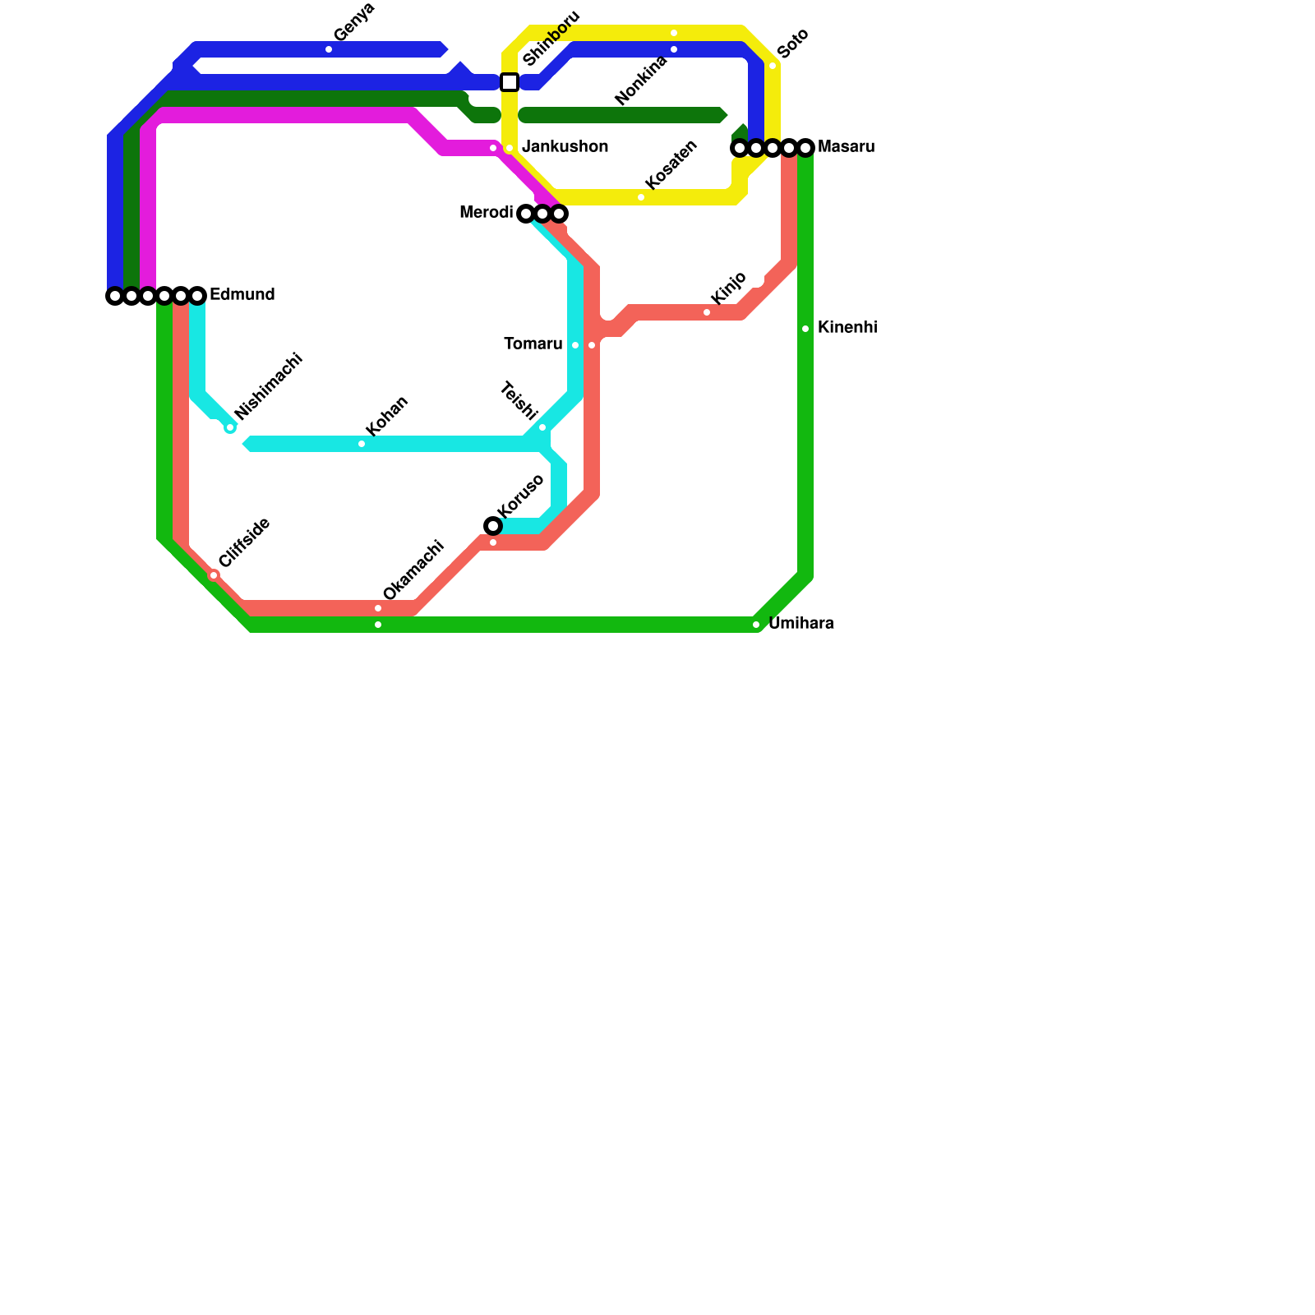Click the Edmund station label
coord(242,295)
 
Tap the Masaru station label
coord(846,147)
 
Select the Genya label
coord(354,22)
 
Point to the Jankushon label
coord(565,147)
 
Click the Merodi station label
coord(487,213)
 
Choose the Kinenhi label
coord(847,328)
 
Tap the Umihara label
coord(801,624)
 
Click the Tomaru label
coord(533,344)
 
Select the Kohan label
coord(387,417)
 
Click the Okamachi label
coord(413,570)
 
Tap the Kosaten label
coord(671,164)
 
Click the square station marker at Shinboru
coord(510,82)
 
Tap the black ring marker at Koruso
coord(493,526)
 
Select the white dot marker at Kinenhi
coord(805,329)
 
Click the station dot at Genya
coord(329,50)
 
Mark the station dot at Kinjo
coord(707,312)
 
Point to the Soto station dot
coord(773,66)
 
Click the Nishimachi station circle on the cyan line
coord(230,427)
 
